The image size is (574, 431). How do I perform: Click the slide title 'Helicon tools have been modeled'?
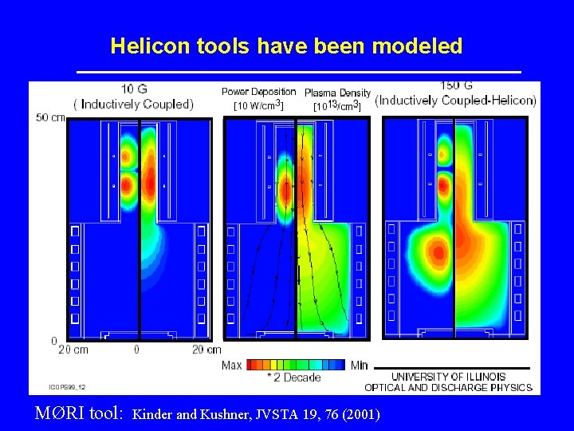(286, 46)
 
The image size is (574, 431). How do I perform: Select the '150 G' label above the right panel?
(456, 86)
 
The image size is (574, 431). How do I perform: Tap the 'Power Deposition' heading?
(258, 92)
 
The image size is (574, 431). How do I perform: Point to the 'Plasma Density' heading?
(337, 93)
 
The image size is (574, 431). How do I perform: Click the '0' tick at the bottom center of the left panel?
(136, 350)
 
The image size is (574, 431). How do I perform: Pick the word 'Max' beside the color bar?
(232, 365)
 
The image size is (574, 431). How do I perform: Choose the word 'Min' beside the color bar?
(360, 365)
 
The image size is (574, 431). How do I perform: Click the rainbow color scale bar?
(296, 365)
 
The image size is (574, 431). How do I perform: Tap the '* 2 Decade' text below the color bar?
(294, 378)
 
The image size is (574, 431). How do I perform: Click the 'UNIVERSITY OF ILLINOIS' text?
(448, 377)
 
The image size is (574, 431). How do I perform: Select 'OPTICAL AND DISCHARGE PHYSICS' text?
(448, 388)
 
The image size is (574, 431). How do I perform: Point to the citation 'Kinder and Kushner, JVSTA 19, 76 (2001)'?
(256, 414)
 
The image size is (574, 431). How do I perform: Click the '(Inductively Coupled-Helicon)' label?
(455, 101)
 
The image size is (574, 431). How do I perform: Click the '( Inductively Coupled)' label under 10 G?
(134, 104)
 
